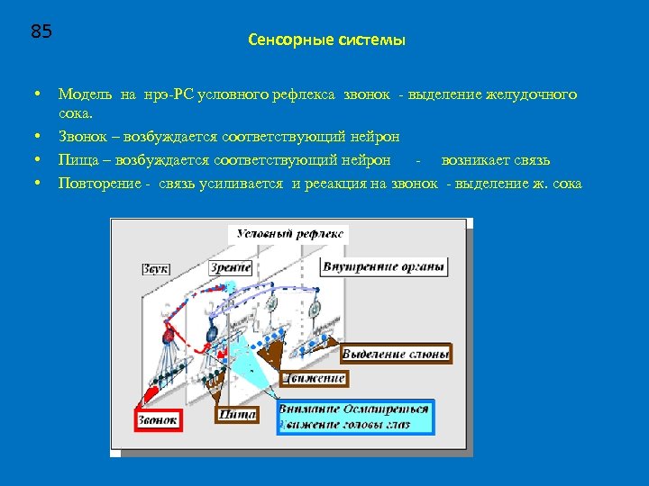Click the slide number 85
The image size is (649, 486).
point(41,32)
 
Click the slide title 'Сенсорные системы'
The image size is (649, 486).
point(325,40)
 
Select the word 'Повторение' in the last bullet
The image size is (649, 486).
point(96,184)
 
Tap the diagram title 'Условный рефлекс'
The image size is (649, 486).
point(289,234)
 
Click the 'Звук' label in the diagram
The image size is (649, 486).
point(155,268)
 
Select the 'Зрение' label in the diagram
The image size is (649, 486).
point(231,267)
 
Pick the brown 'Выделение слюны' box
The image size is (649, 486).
point(396,354)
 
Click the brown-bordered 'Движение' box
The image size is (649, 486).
point(314,379)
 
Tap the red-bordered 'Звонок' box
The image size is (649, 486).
point(158,419)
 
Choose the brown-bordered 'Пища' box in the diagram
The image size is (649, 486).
point(236,414)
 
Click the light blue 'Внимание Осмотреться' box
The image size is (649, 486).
point(354,416)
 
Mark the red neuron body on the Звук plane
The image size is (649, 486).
point(168,337)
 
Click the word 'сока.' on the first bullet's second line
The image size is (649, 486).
point(75,114)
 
